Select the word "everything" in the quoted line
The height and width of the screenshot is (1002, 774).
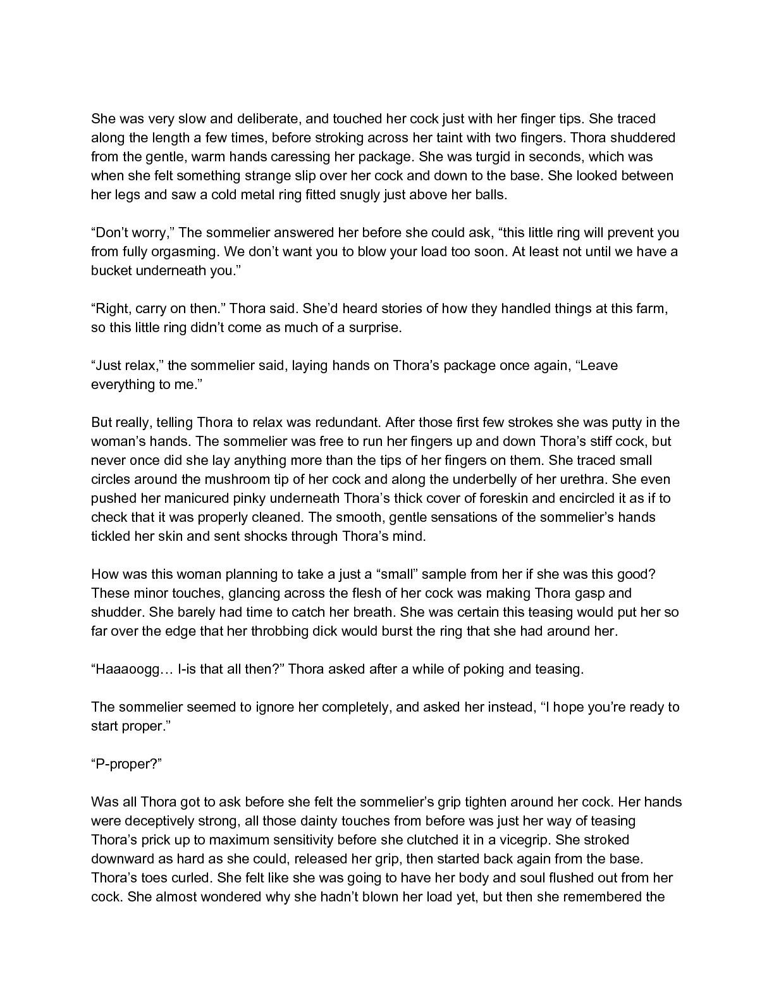coord(123,385)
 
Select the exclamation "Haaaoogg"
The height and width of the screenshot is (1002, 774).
coord(129,669)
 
